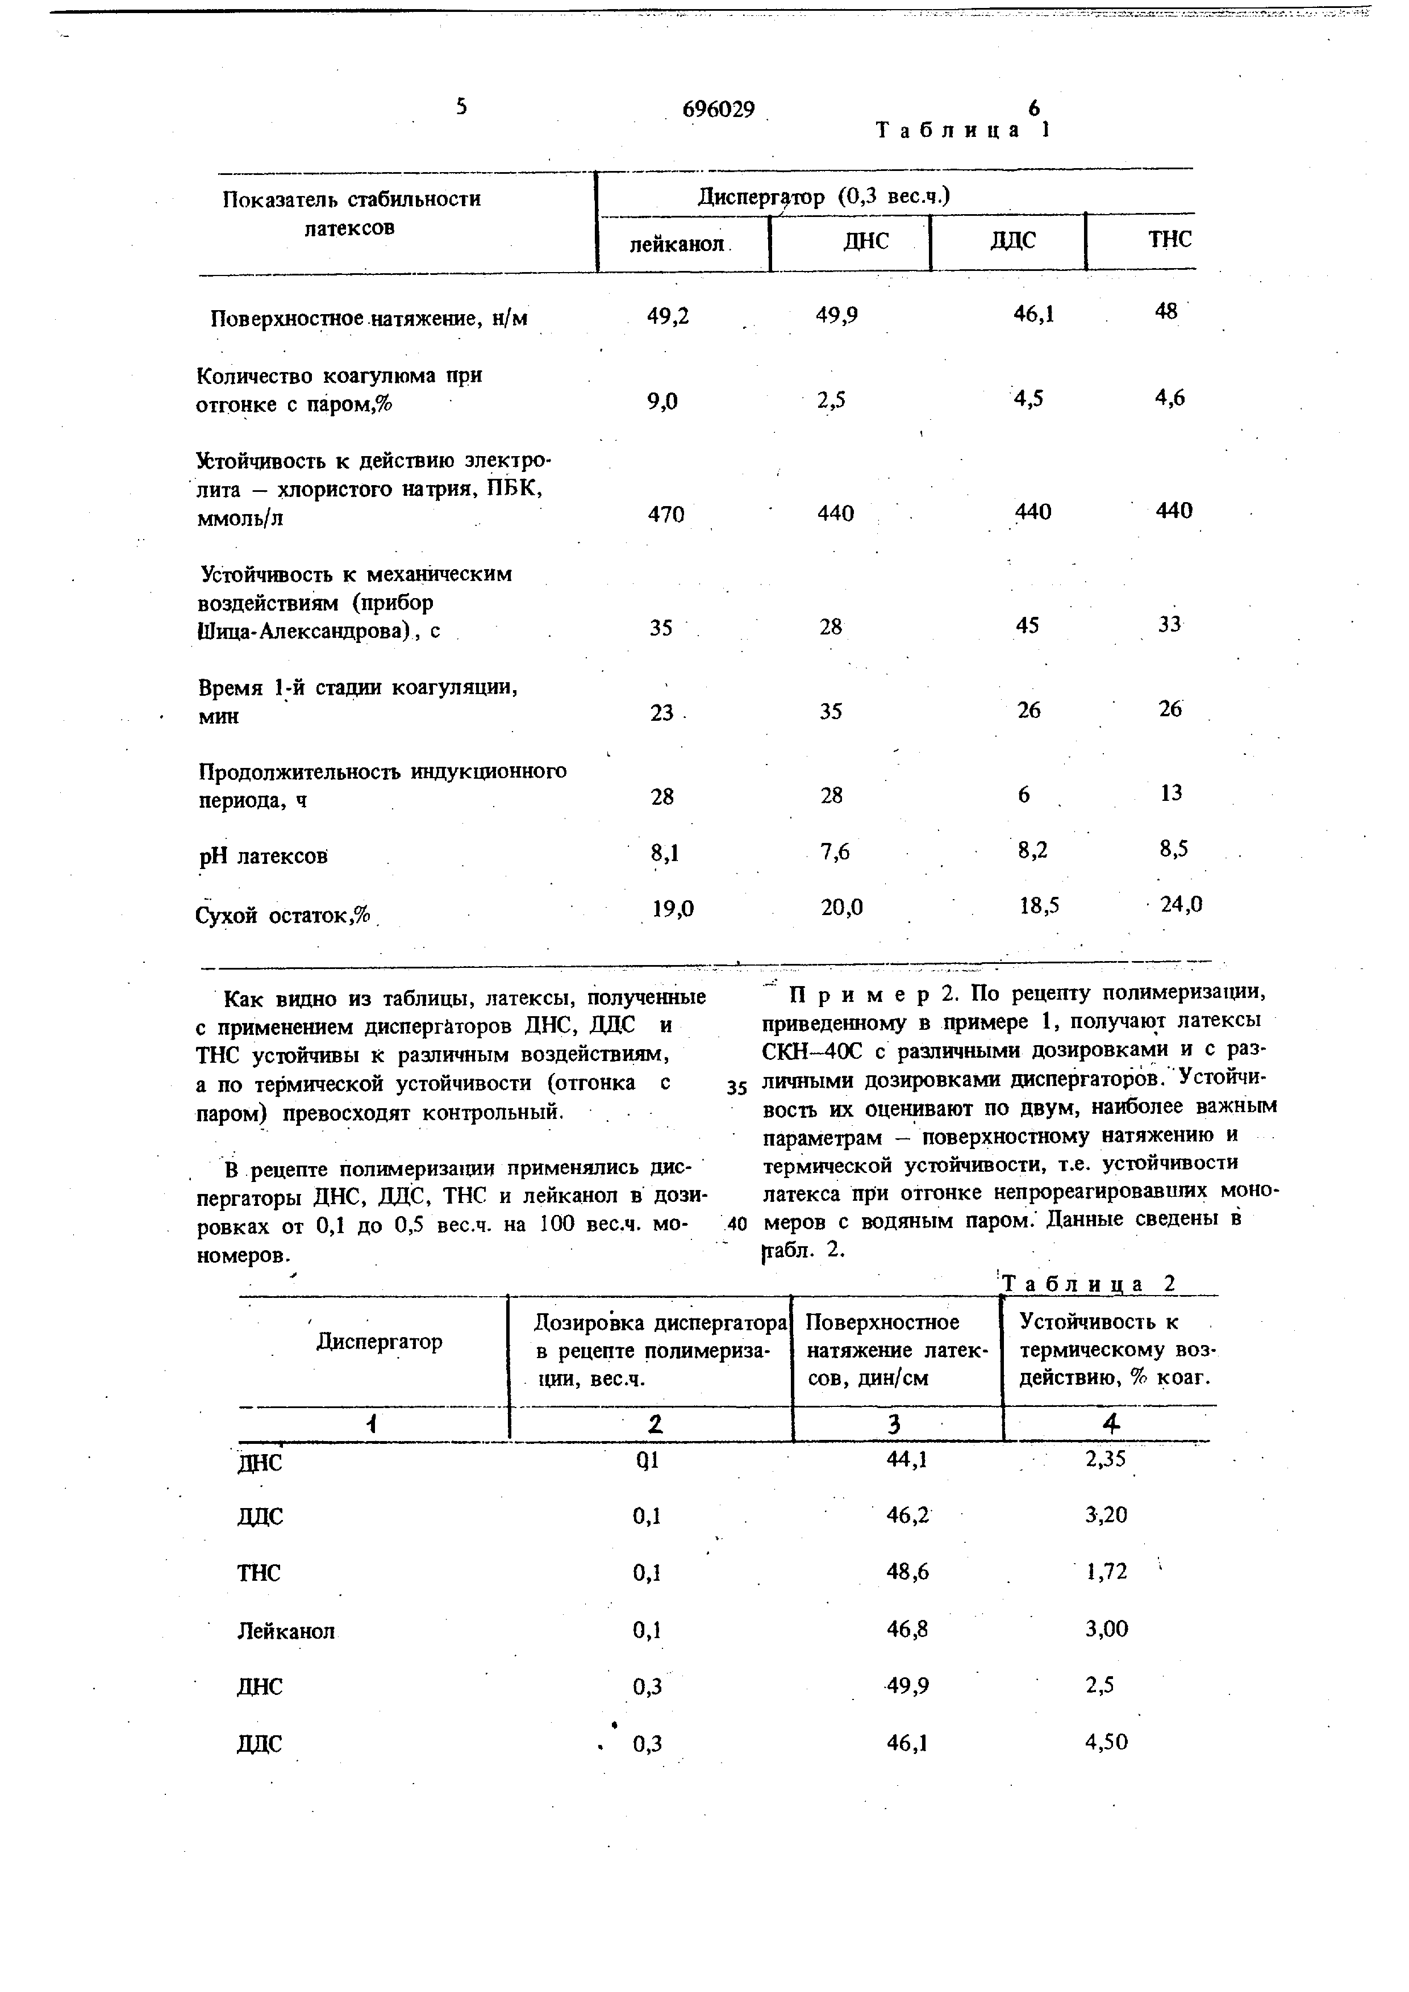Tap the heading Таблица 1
(962, 130)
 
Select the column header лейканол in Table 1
(677, 244)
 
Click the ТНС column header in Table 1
(1170, 240)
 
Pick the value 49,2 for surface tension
(668, 317)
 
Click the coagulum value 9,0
(663, 401)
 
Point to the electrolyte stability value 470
(666, 515)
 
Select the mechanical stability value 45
(1027, 625)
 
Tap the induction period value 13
(1170, 793)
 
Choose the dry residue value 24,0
(1182, 905)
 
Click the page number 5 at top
(461, 106)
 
